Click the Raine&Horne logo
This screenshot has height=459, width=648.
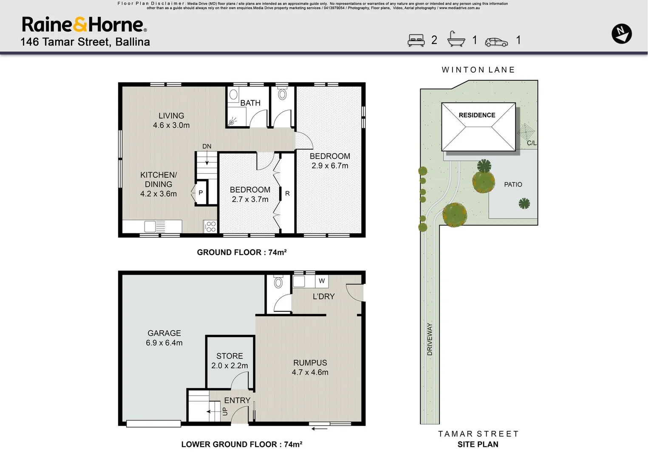click(84, 25)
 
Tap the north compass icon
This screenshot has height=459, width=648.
click(621, 34)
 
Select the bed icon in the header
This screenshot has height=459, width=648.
click(416, 40)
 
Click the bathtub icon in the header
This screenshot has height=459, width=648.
click(456, 39)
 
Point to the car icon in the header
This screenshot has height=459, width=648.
click(496, 42)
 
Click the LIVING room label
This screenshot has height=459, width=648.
click(171, 116)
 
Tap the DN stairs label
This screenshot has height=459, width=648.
click(207, 146)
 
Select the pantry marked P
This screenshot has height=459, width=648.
click(201, 193)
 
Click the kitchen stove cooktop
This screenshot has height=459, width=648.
click(211, 227)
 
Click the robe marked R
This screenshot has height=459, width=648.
click(287, 193)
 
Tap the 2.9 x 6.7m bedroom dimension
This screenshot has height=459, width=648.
click(330, 166)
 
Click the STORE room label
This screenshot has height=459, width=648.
click(229, 356)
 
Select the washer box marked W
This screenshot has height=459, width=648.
click(322, 281)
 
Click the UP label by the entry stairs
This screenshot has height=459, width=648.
click(225, 411)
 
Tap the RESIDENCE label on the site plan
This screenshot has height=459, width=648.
click(477, 115)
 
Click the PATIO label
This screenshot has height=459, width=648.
click(513, 184)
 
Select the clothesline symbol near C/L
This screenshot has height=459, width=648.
click(526, 132)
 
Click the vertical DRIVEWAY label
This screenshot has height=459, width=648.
click(430, 339)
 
